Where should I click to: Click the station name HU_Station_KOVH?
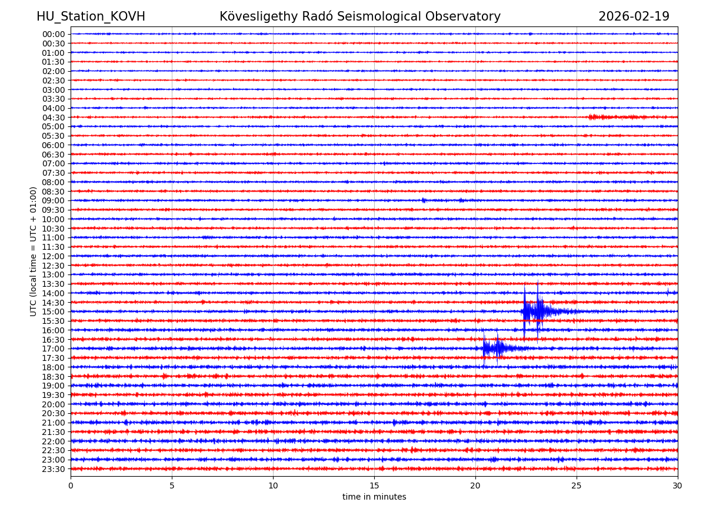click(x=91, y=16)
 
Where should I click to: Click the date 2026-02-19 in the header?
click(x=634, y=16)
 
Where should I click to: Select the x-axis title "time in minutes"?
click(x=374, y=497)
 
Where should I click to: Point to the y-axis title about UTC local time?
click(x=34, y=252)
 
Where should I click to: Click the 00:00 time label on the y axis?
click(x=54, y=34)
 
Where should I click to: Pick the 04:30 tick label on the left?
click(x=54, y=118)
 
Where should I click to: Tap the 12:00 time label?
click(x=54, y=256)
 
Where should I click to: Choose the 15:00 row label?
click(x=54, y=312)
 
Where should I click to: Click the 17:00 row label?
click(x=54, y=349)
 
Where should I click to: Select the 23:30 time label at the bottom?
click(x=54, y=469)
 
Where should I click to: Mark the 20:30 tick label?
click(x=54, y=414)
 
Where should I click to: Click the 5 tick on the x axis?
click(x=172, y=486)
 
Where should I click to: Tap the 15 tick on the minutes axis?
click(x=374, y=486)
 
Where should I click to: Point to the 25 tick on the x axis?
click(x=577, y=486)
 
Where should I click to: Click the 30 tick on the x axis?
click(x=677, y=486)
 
